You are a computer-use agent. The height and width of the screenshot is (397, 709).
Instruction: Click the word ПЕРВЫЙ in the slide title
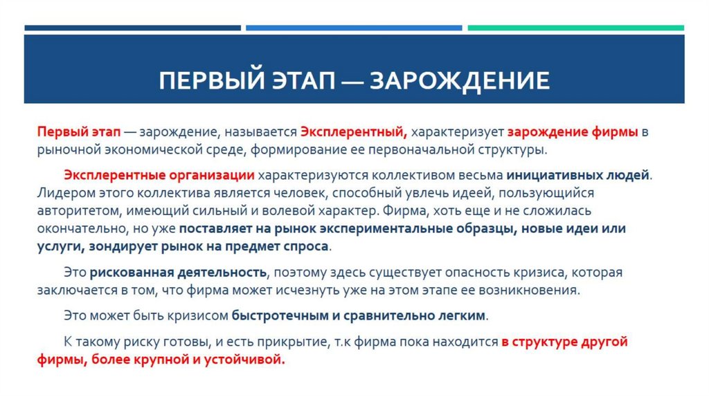pyautogui.click(x=204, y=81)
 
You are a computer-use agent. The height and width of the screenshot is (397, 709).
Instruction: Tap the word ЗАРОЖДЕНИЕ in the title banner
pyautogui.click(x=460, y=81)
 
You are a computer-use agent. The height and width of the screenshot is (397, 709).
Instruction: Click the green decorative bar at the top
pyautogui.click(x=575, y=28)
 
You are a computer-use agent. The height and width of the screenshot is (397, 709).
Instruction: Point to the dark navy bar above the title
pyautogui.click(x=132, y=28)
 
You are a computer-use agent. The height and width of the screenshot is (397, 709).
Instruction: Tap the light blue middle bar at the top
pyautogui.click(x=353, y=28)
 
